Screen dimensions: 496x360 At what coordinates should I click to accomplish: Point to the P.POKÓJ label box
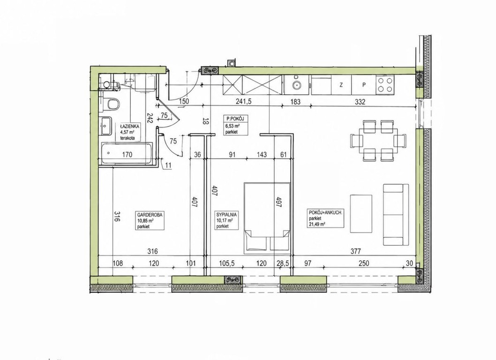pyautogui.click(x=234, y=125)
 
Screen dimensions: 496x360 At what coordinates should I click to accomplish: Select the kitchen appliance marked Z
pyautogui.click(x=341, y=85)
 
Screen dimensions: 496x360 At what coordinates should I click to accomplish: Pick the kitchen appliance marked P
pyautogui.click(x=364, y=85)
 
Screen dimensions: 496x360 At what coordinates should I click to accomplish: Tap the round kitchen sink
pyautogui.click(x=297, y=85)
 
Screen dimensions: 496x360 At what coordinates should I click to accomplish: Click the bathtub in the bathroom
pyautogui.click(x=127, y=154)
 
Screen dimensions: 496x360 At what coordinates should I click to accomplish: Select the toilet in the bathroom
pyautogui.click(x=111, y=104)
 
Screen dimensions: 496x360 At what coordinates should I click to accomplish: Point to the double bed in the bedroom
pyautogui.click(x=267, y=216)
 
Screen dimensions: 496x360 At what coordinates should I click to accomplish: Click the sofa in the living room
pyautogui.click(x=396, y=215)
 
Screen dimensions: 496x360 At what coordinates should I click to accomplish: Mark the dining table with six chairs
pyautogui.click(x=378, y=140)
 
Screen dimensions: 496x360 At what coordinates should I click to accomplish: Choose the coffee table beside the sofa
pyautogui.click(x=361, y=214)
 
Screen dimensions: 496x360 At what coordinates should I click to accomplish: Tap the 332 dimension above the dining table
pyautogui.click(x=360, y=102)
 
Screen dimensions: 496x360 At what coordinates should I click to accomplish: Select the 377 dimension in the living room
pyautogui.click(x=355, y=251)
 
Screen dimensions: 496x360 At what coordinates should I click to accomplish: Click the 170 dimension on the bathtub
pyautogui.click(x=127, y=154)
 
